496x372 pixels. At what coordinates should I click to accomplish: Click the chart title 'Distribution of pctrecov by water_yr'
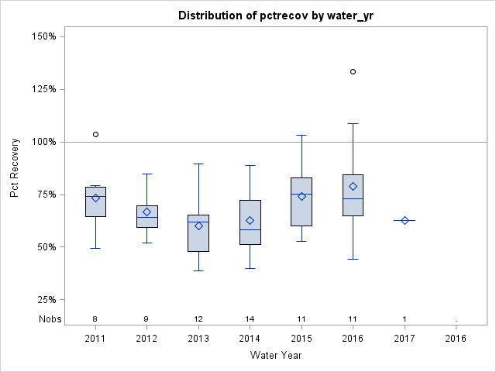275,15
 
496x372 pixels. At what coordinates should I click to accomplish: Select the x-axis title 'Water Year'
276,356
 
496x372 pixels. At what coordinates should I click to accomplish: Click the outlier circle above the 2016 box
353,71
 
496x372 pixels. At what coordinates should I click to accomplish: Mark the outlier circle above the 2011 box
95,134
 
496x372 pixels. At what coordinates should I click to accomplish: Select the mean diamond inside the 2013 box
198,226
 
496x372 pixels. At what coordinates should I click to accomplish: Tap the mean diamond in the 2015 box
301,196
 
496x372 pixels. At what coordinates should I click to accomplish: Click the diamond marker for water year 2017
405,220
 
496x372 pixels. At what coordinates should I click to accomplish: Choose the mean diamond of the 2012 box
146,212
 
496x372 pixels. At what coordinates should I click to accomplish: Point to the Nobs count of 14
250,319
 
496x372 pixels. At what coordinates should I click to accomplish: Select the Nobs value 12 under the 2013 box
198,319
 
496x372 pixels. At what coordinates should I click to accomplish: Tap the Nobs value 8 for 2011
95,319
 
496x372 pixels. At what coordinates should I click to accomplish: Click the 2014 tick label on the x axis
250,338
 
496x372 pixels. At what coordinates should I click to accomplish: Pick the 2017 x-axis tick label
405,338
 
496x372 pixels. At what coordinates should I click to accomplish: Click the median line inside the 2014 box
250,229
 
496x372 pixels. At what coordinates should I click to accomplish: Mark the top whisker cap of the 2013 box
198,164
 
